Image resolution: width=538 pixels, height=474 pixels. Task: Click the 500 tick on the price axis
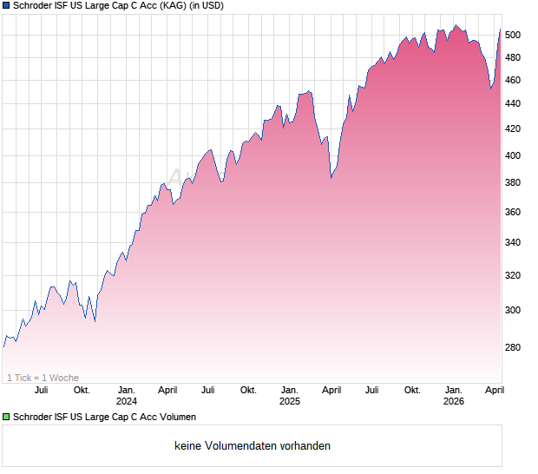pyautogui.click(x=513, y=35)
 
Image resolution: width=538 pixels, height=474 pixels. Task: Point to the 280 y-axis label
pyautogui.click(x=513, y=348)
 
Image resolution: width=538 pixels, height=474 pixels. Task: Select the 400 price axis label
pyautogui.click(x=513, y=156)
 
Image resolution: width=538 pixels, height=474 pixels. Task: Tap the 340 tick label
pyautogui.click(x=513, y=243)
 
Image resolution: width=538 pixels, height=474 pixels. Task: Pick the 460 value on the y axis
pyautogui.click(x=513, y=81)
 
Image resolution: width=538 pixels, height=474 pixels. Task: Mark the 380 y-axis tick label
pyautogui.click(x=513, y=183)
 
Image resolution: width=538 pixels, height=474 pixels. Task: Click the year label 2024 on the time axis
pyautogui.click(x=127, y=401)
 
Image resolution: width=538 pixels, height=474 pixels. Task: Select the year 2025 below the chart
pyautogui.click(x=289, y=401)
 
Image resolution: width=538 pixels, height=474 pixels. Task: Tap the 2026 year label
pyautogui.click(x=453, y=401)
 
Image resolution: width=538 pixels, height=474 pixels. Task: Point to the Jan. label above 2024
pyautogui.click(x=127, y=390)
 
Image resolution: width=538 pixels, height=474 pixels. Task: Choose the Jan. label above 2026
pyautogui.click(x=453, y=390)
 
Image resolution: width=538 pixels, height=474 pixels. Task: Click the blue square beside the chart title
pyautogui.click(x=6, y=6)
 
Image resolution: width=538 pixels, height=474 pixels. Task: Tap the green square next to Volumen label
pyautogui.click(x=6, y=417)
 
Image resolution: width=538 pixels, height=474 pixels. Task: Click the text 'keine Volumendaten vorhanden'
pyautogui.click(x=252, y=446)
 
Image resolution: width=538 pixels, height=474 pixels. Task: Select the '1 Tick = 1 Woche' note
pyautogui.click(x=43, y=378)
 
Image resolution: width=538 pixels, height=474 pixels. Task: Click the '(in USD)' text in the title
pyautogui.click(x=206, y=6)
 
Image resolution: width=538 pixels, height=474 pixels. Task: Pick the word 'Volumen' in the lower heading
pyautogui.click(x=176, y=417)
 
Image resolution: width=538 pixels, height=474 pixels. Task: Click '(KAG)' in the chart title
pyautogui.click(x=170, y=6)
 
